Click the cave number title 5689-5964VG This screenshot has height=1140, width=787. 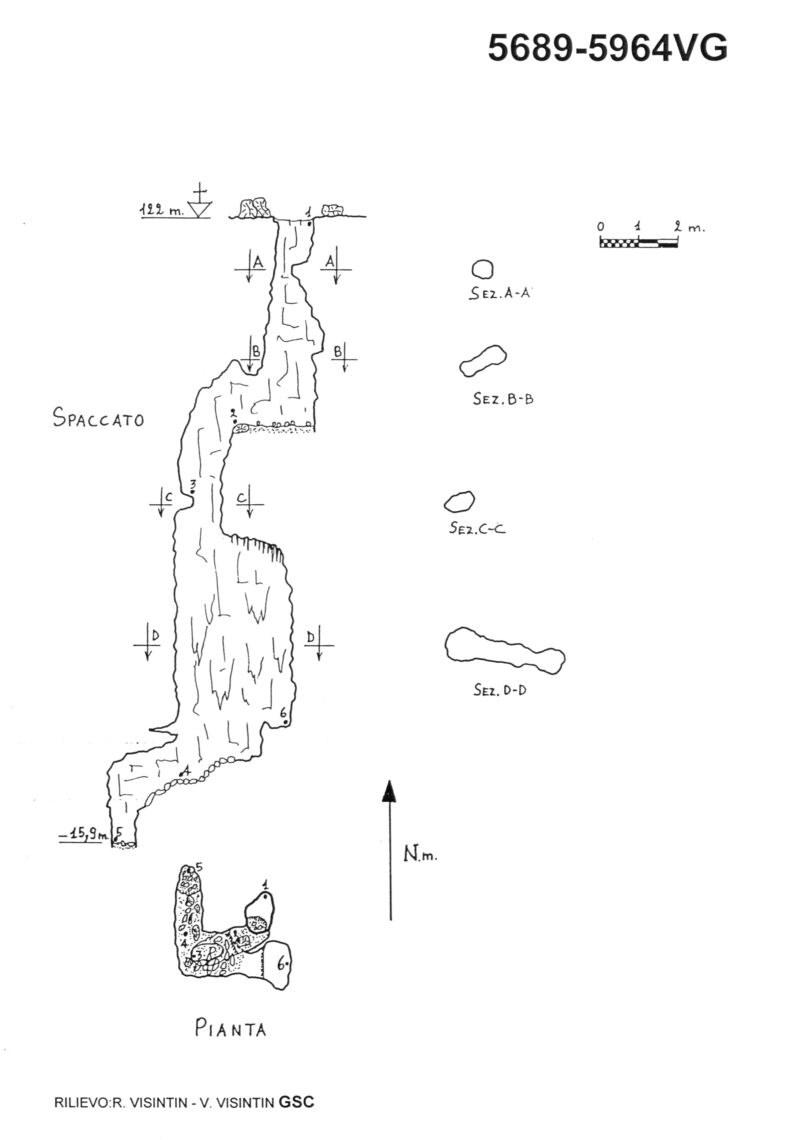(608, 48)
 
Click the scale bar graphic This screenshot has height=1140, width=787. (639, 242)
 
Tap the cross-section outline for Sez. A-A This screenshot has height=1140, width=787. (482, 269)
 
